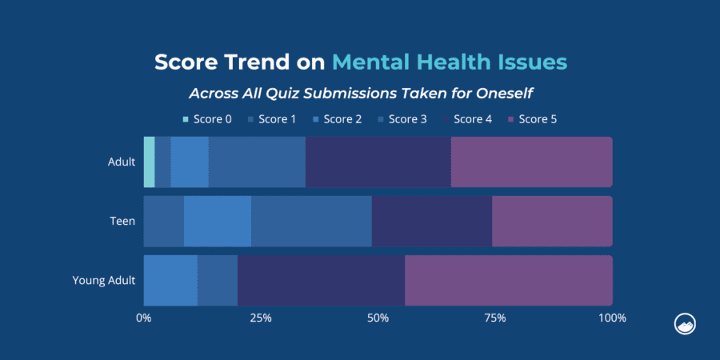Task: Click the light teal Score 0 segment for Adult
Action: [149, 162]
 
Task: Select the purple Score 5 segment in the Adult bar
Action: [531, 162]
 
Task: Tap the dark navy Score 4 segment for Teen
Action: [432, 221]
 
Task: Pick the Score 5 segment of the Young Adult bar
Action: [508, 280]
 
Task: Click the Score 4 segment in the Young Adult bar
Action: [321, 280]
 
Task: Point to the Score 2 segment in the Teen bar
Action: [218, 221]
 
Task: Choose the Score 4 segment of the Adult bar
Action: [378, 162]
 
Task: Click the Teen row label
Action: [122, 221]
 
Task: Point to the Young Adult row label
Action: [104, 280]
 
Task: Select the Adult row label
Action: [122, 162]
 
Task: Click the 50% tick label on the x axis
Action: [378, 318]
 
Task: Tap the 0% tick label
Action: [144, 318]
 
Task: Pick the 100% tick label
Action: [612, 318]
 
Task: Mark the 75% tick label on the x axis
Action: [495, 318]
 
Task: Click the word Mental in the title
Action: [374, 62]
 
